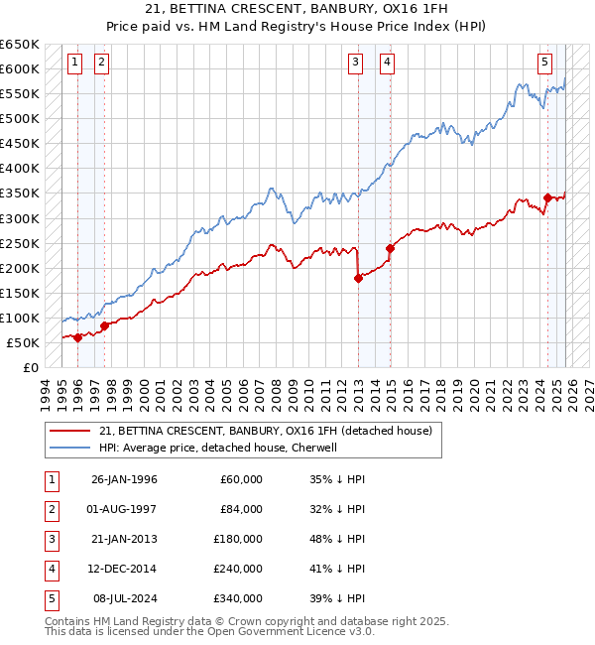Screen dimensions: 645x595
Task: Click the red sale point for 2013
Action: (358, 278)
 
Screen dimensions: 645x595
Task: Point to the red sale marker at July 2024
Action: (547, 197)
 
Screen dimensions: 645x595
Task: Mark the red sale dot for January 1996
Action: (77, 337)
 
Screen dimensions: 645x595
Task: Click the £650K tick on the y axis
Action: (20, 45)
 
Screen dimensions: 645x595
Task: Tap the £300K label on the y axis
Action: (20, 218)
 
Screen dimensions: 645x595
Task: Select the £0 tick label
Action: (30, 368)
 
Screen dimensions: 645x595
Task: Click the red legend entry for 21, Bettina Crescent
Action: (265, 432)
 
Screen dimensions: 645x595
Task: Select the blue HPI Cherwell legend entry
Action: (218, 449)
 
